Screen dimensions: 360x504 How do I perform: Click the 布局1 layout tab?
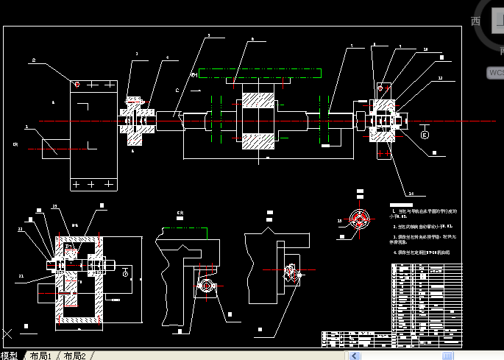pyautogui.click(x=41, y=356)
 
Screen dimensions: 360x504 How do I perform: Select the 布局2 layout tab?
pyautogui.click(x=74, y=356)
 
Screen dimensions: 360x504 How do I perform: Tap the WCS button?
pyautogui.click(x=496, y=73)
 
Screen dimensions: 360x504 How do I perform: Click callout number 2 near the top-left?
pyautogui.click(x=34, y=59)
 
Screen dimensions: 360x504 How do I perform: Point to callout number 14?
pyautogui.click(x=411, y=194)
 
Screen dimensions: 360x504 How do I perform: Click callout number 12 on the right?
pyautogui.click(x=440, y=77)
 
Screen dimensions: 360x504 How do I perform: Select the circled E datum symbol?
pyautogui.click(x=425, y=135)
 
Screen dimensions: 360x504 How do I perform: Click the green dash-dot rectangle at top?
pyautogui.click(x=260, y=73)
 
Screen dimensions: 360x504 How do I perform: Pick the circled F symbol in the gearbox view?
pyautogui.click(x=125, y=273)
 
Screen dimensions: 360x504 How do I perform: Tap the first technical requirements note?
pyautogui.click(x=423, y=213)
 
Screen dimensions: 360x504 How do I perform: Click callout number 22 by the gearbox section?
pyautogui.click(x=21, y=230)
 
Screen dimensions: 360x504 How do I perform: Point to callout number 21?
pyautogui.click(x=21, y=276)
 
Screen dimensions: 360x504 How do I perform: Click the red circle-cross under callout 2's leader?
pyautogui.click(x=77, y=84)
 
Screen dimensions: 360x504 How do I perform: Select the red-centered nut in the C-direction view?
pyautogui.click(x=206, y=285)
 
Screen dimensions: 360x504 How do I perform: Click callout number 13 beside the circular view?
pyautogui.click(x=339, y=219)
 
